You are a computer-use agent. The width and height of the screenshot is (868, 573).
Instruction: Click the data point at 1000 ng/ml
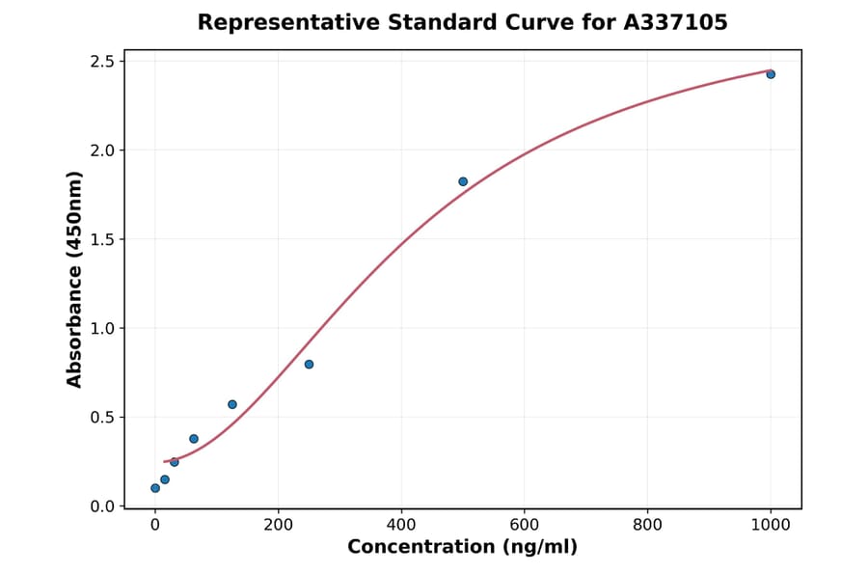[x=771, y=74]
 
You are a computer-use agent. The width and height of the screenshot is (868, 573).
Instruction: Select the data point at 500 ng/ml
[x=463, y=181]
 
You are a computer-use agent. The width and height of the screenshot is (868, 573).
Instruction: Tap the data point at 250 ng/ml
[x=309, y=364]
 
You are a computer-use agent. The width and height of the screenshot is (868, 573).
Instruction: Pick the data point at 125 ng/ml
[x=232, y=404]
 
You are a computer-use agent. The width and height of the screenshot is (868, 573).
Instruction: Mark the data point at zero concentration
[x=155, y=488]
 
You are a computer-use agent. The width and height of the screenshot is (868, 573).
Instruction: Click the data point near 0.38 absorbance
[x=194, y=439]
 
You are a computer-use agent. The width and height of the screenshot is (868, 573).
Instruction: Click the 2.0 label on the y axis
[x=103, y=150]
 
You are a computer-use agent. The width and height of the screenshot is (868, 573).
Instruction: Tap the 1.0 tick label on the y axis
[x=103, y=328]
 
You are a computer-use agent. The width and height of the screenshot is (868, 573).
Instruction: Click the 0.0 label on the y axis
[x=103, y=506]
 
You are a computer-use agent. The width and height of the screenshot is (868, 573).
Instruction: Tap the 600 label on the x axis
[x=525, y=526]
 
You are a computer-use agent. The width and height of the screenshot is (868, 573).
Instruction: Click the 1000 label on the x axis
[x=771, y=526]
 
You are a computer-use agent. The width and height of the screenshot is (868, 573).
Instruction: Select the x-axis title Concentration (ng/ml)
[x=463, y=548]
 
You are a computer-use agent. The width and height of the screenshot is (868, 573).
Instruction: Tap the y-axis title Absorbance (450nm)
[x=75, y=280]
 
